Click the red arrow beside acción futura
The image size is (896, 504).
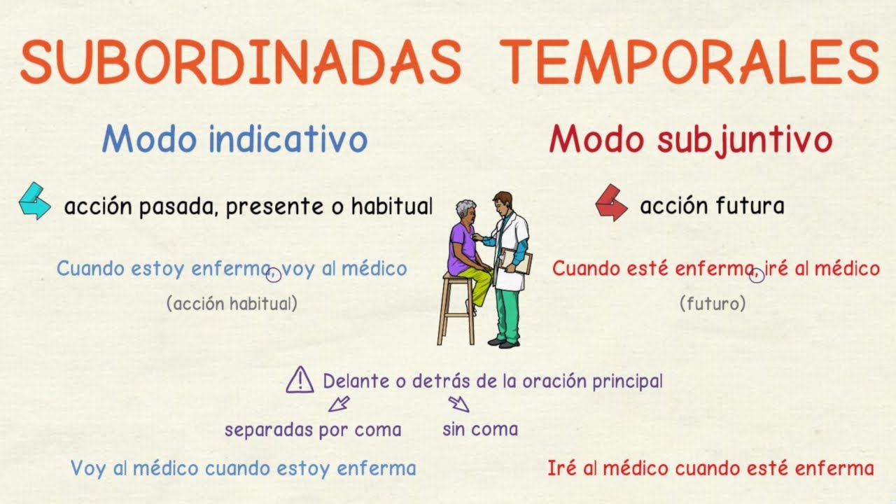click(611, 202)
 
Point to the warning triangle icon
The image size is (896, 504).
click(300, 379)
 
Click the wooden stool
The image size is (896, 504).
click(456, 308)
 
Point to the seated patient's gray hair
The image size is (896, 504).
click(465, 208)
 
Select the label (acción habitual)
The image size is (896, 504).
click(232, 304)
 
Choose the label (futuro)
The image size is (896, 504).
click(712, 304)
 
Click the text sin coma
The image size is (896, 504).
click(480, 428)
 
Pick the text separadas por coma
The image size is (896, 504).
click(313, 429)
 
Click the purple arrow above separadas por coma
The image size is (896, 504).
click(339, 404)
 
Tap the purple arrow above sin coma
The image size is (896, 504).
click(458, 403)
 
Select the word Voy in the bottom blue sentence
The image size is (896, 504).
click(87, 468)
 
